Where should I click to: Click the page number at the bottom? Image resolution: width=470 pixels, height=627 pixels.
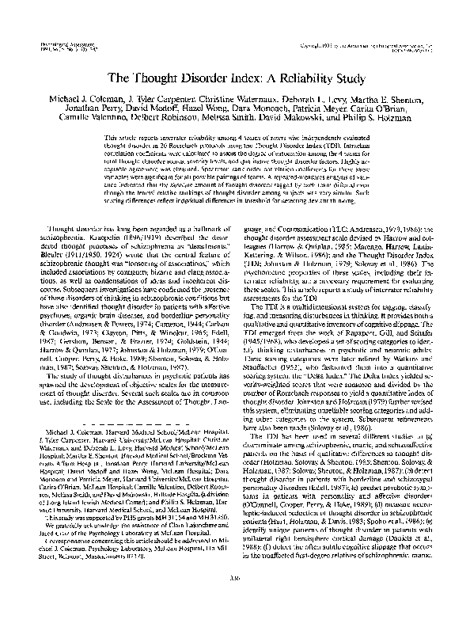click(235, 597)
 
